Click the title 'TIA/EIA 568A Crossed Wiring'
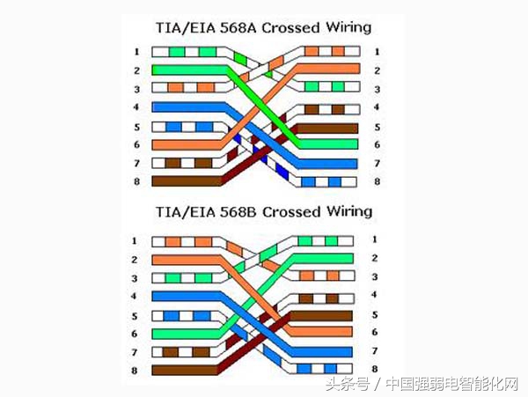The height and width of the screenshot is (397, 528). pos(263,27)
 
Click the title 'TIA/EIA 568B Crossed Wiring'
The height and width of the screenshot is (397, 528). pos(264,212)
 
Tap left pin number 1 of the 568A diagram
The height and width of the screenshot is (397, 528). pos(136,52)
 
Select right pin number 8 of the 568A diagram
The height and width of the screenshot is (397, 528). pos(377,182)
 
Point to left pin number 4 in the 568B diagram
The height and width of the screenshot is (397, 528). pos(134,296)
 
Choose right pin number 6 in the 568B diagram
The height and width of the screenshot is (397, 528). pos(375,332)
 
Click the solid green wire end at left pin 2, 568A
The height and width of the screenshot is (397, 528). pos(188,70)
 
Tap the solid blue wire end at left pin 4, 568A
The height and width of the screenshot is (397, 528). pos(188,107)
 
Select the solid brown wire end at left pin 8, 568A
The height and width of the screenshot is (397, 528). pos(187,180)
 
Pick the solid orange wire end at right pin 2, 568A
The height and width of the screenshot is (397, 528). pos(328,69)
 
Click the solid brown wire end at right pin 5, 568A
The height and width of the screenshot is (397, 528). pos(327,129)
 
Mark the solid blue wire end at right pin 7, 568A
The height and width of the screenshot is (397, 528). pos(327,164)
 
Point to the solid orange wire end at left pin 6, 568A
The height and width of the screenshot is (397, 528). pos(187,145)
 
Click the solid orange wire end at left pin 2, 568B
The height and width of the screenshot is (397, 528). pos(186,260)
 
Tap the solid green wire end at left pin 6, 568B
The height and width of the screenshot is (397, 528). pos(186,334)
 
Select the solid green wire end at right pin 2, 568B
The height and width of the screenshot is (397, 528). pos(323,259)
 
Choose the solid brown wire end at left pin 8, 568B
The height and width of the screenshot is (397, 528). pos(185,370)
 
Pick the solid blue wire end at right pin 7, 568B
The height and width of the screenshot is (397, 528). pos(322,352)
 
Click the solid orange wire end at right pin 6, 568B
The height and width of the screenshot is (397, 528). pos(321,331)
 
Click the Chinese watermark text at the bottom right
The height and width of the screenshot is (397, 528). pos(422,384)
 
